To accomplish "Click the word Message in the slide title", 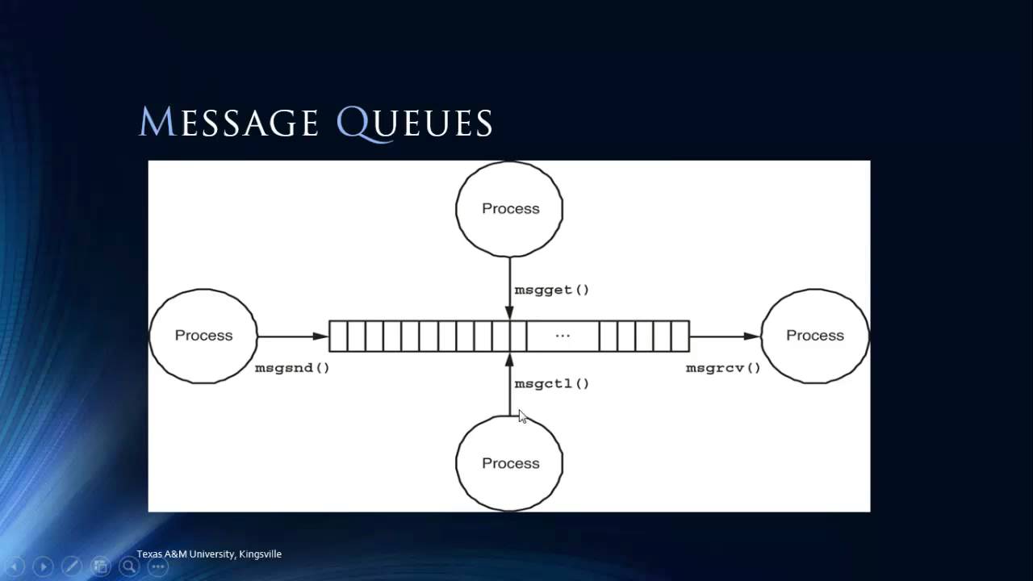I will (x=229, y=123).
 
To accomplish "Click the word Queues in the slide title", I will (x=414, y=123).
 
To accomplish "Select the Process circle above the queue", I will (x=509, y=209).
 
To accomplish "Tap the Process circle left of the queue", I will (x=203, y=336).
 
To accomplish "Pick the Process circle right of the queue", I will (x=814, y=336).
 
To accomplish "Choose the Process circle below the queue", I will (x=509, y=463).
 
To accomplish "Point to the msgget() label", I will (x=552, y=290).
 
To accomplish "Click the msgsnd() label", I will (x=292, y=368).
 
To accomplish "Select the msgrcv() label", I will (x=723, y=368).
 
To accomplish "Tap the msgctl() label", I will (x=552, y=383).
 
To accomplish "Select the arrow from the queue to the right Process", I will (x=725, y=336).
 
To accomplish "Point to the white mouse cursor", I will (x=522, y=416).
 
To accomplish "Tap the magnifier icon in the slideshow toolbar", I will (x=128, y=566).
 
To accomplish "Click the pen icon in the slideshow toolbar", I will (x=71, y=566).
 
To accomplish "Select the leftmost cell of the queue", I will (x=338, y=336).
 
